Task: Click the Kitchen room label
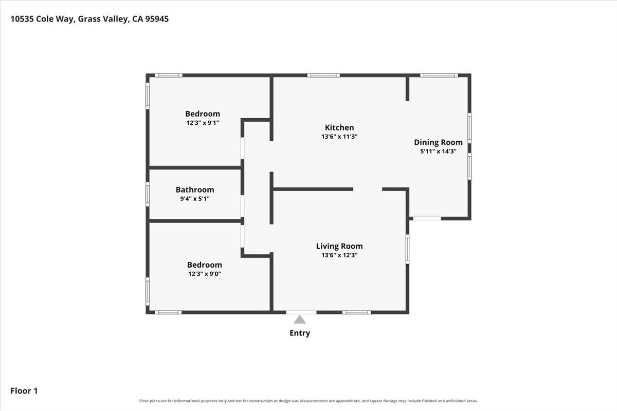(x=339, y=127)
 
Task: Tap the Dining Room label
(x=438, y=142)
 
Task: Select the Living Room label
(x=339, y=246)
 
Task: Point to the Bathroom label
(x=195, y=190)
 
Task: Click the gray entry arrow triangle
(x=300, y=320)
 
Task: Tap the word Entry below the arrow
(x=300, y=333)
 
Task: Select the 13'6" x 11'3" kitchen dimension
(x=339, y=136)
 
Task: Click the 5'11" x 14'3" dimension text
(x=438, y=151)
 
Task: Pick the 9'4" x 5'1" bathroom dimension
(x=195, y=198)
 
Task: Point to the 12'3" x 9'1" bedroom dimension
(x=203, y=122)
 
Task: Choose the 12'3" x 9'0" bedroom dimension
(x=205, y=274)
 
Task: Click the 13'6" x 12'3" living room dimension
(x=339, y=255)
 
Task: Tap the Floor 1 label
(x=24, y=390)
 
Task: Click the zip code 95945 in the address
(x=157, y=18)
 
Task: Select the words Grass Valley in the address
(x=103, y=19)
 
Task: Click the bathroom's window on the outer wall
(x=148, y=194)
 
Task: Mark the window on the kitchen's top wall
(x=323, y=75)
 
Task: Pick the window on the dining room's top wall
(x=439, y=75)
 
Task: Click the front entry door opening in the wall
(x=301, y=312)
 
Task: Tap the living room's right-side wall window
(x=407, y=249)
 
